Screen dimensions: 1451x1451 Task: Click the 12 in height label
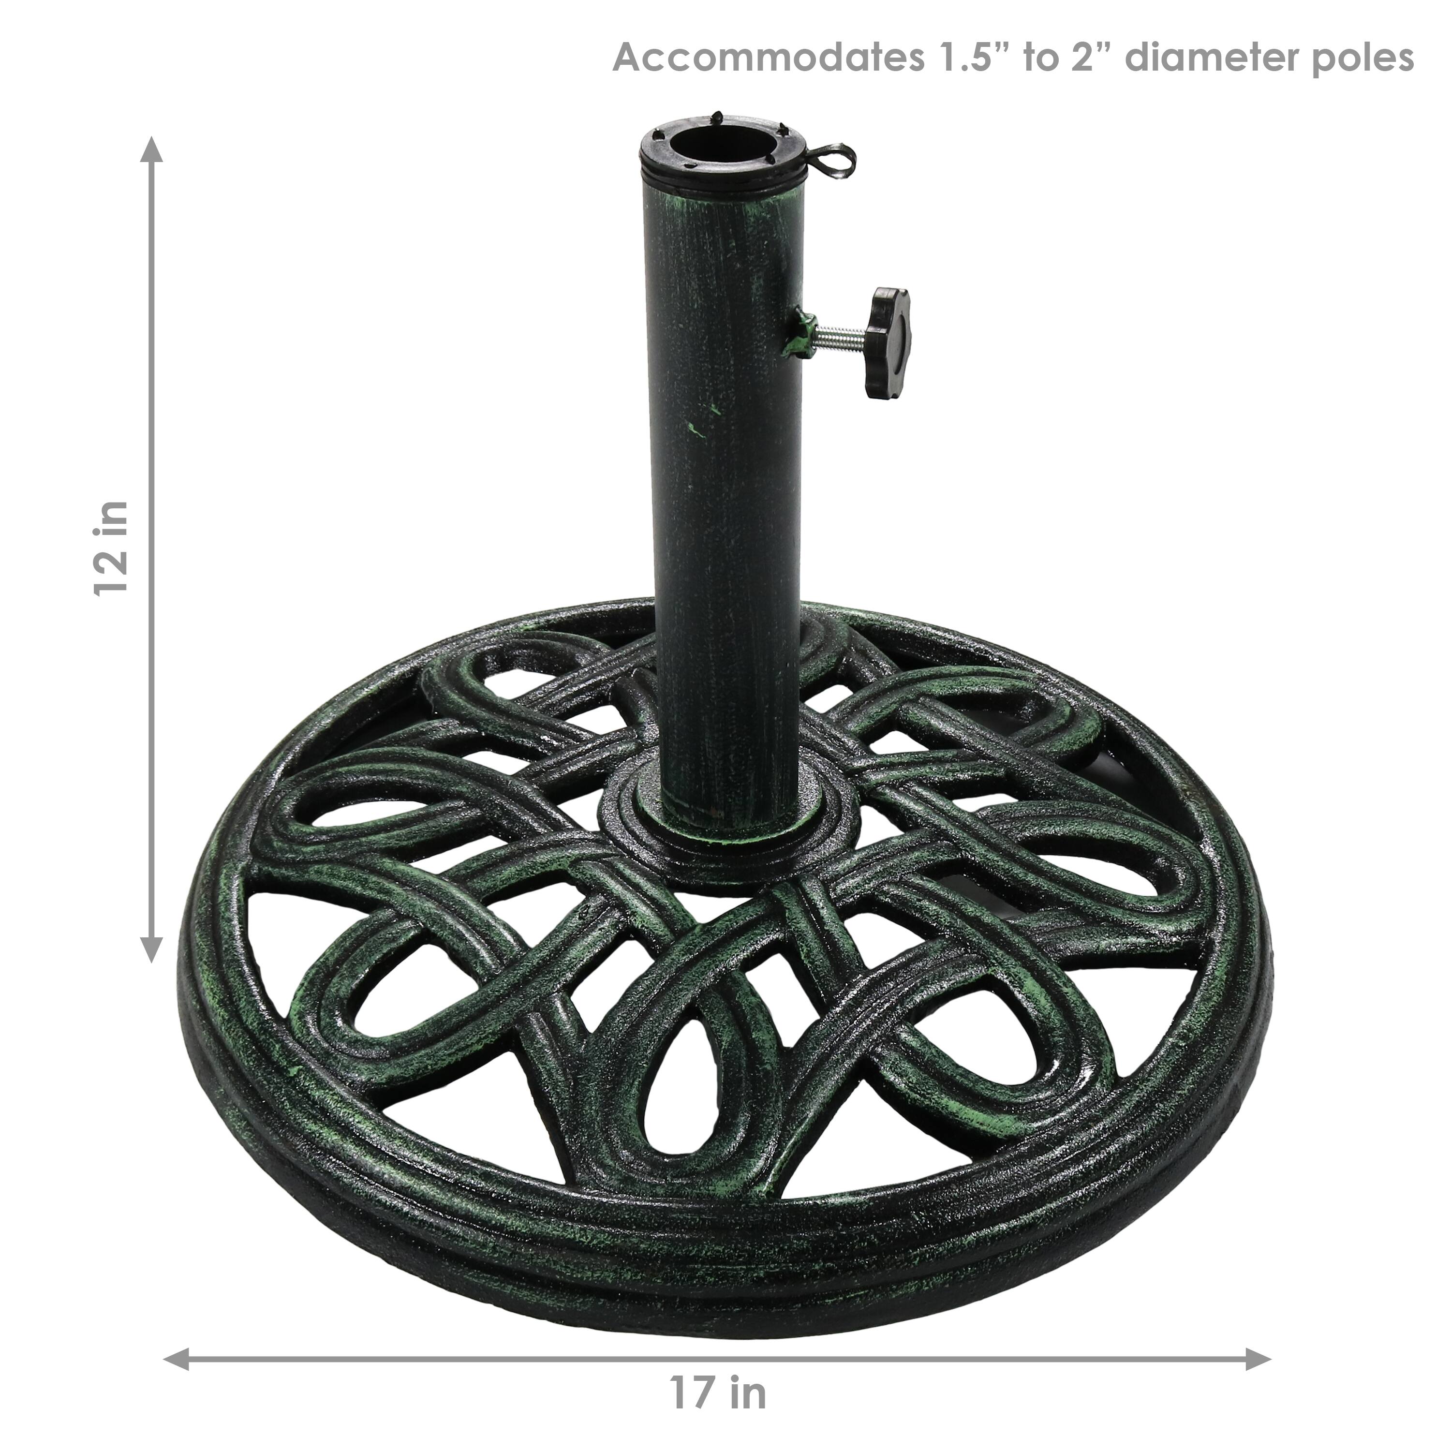[111, 549]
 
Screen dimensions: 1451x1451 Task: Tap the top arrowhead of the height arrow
[152, 150]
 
